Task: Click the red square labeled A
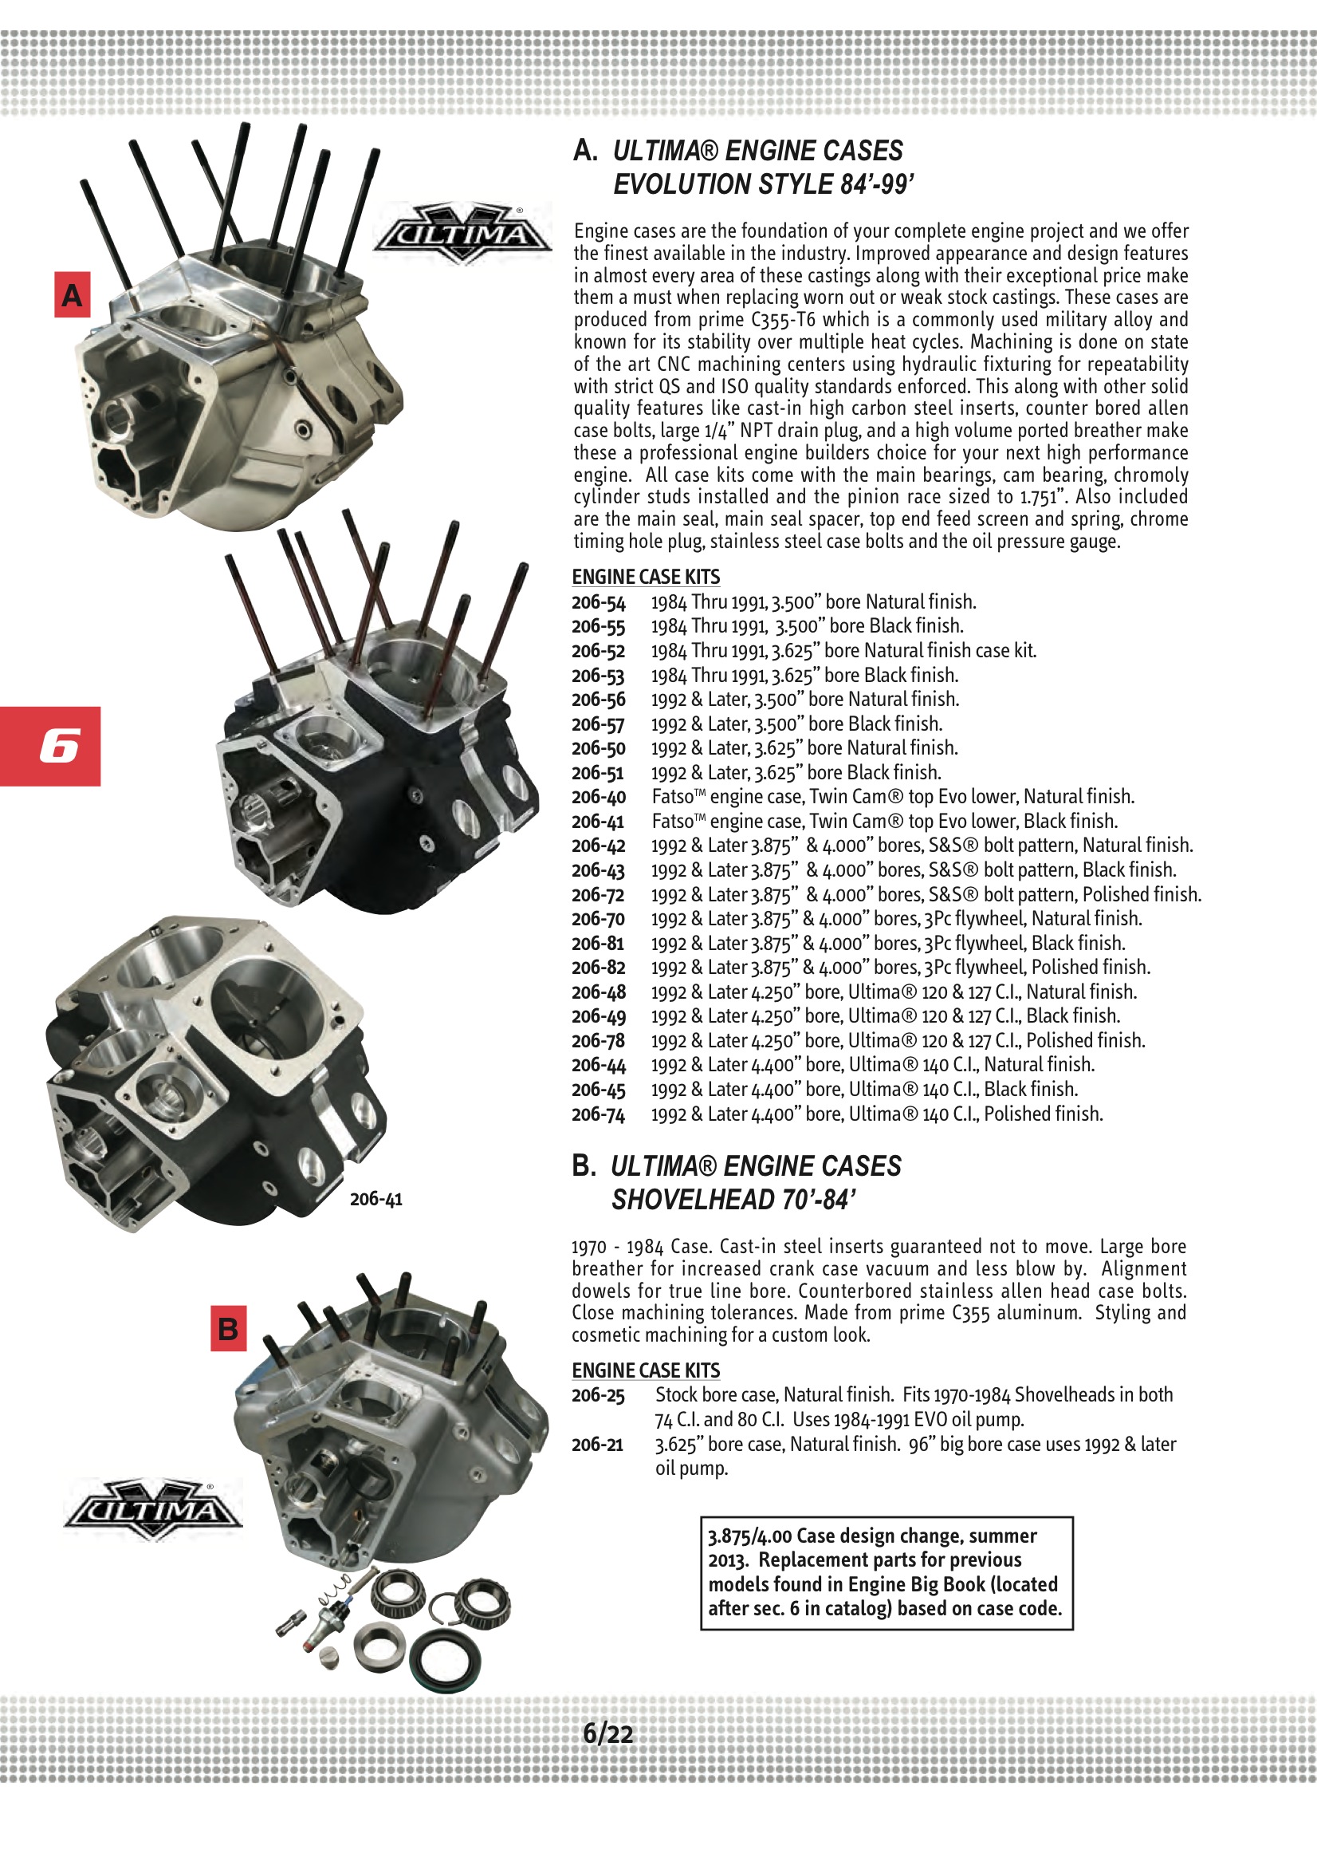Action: (x=72, y=295)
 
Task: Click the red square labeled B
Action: (x=228, y=1328)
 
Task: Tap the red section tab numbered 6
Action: (x=50, y=746)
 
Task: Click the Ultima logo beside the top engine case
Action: (x=462, y=234)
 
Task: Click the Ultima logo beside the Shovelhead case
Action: (x=152, y=1510)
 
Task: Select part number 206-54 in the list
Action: (x=599, y=603)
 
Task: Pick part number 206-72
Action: (x=599, y=895)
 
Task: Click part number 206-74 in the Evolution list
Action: (x=599, y=1114)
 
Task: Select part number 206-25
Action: (x=599, y=1395)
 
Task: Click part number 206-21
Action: (x=599, y=1445)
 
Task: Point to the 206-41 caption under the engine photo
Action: (x=376, y=1199)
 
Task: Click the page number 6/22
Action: (x=608, y=1734)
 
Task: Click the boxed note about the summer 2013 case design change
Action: (x=886, y=1572)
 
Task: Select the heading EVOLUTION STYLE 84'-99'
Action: (x=763, y=184)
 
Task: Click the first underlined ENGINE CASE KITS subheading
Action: (x=646, y=577)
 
